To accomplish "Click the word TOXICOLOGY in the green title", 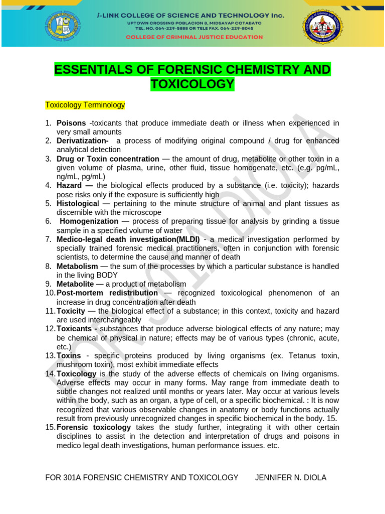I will pos(192,84).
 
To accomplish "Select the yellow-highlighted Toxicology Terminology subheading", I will pos(85,105).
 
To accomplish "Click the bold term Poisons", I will pos(71,123).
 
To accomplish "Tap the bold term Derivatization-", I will pos(83,141).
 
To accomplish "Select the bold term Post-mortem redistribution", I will pos(107,293).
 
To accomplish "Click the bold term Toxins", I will pos(69,356).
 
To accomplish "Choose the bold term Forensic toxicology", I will pos(94,427).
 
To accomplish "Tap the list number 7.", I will pos(48,239).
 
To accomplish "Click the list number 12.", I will pos(50,329).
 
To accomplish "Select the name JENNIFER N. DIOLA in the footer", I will pos(291,477).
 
